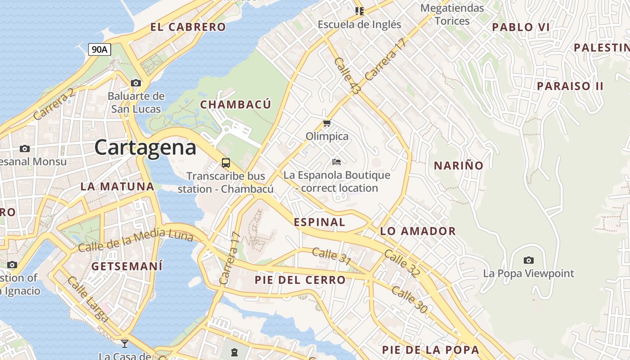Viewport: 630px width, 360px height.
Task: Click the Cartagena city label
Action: [145, 148]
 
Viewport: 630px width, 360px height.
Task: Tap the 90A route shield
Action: [99, 49]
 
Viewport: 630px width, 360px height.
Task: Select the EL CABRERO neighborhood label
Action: [188, 27]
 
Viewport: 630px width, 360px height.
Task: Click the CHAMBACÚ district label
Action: [235, 105]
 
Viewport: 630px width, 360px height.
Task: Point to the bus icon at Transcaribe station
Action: [226, 163]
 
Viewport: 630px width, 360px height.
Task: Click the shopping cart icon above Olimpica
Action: [327, 123]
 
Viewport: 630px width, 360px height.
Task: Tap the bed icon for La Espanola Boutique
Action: [337, 162]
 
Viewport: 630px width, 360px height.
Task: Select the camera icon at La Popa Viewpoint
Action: [529, 260]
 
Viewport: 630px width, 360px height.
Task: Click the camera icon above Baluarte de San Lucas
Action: [136, 83]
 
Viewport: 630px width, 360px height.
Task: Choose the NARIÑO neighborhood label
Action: [459, 166]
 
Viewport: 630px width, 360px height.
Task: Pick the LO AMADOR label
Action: [418, 231]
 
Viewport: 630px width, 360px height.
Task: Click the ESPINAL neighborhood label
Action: [319, 222]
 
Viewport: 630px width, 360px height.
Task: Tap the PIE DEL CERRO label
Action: [300, 280]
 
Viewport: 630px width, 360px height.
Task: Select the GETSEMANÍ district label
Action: [127, 266]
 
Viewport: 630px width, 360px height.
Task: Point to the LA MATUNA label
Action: [117, 186]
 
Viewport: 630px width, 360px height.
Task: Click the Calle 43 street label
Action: [347, 76]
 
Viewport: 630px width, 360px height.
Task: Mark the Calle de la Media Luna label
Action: [135, 240]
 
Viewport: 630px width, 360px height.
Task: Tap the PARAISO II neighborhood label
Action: [570, 86]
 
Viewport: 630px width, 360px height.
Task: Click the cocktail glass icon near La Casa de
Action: [125, 344]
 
